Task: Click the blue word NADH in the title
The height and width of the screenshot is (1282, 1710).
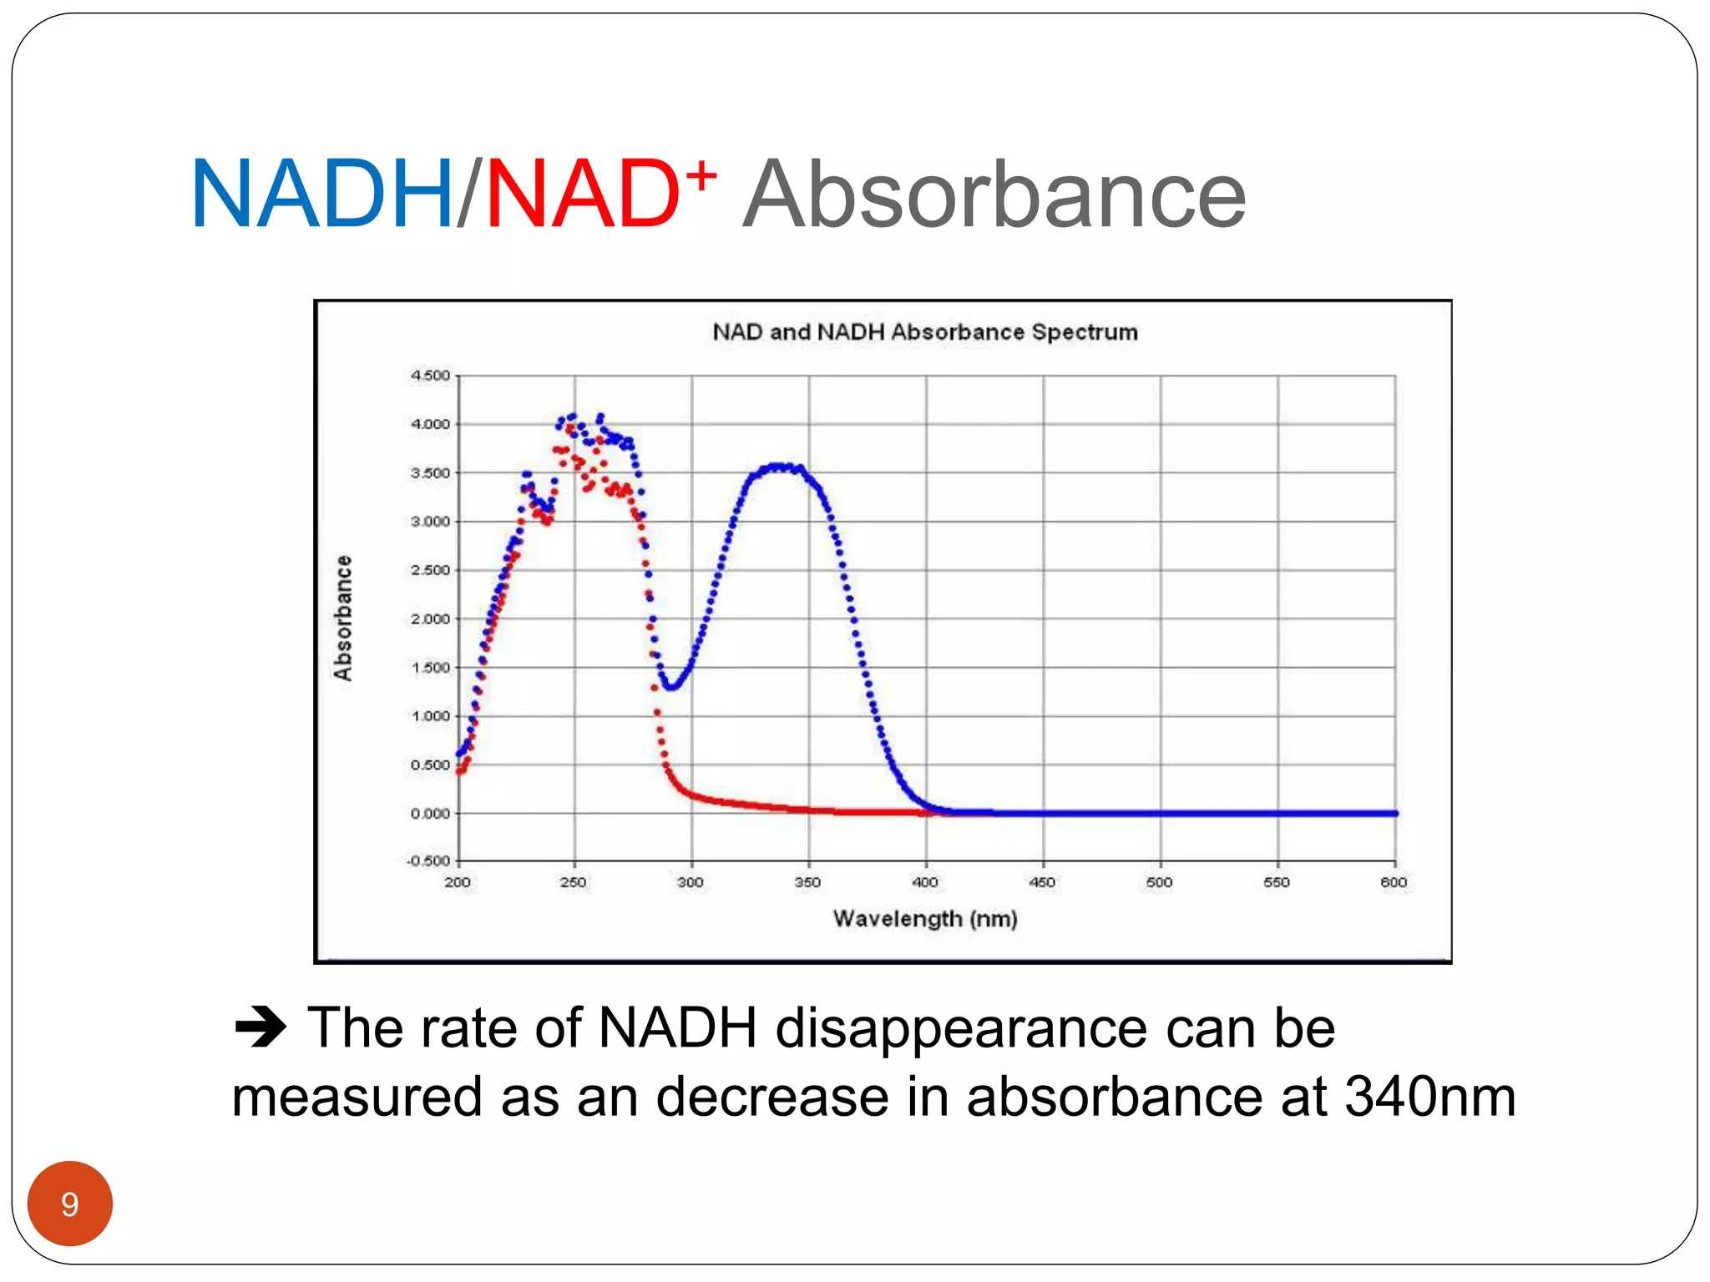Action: [321, 194]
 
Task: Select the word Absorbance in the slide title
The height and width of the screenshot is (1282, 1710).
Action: [994, 194]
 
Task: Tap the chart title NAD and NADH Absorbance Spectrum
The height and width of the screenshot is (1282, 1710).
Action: [924, 332]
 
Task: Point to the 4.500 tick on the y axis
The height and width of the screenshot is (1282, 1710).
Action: [430, 376]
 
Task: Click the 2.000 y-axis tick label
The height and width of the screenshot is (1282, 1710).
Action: [430, 619]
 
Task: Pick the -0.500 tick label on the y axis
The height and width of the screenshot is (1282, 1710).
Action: [428, 861]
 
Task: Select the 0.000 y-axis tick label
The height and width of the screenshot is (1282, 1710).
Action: [430, 814]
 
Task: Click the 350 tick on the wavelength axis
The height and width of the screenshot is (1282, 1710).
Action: [807, 882]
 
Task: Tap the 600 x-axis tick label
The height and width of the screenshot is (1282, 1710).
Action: [1394, 882]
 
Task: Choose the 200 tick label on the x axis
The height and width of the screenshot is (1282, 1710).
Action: [457, 882]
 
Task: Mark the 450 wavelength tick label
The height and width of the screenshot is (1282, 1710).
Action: [1042, 882]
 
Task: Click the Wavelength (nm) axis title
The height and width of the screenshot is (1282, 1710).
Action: [924, 919]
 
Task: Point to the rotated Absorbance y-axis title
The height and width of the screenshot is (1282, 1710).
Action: [343, 618]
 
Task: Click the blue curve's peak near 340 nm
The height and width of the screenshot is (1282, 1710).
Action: [781, 467]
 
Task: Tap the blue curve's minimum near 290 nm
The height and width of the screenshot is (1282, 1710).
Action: [671, 686]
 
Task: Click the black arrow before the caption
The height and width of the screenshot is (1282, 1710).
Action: [260, 1027]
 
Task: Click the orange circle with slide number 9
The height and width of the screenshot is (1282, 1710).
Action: [70, 1204]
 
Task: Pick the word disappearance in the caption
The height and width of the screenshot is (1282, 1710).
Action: [960, 1027]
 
